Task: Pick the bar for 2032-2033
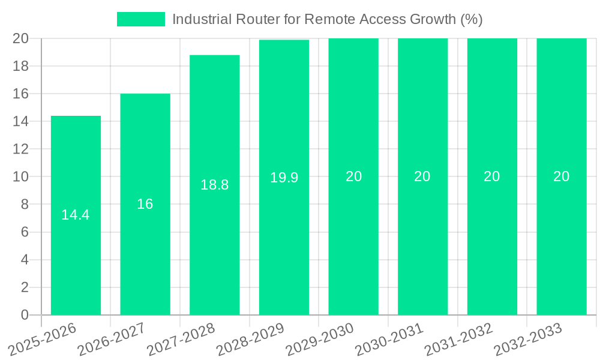(x=562, y=240)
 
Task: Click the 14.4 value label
(x=76, y=215)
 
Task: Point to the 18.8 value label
(x=215, y=185)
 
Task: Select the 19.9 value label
(x=284, y=178)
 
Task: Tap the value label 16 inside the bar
(x=145, y=204)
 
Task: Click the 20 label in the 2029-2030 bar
(x=353, y=176)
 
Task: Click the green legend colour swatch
(x=141, y=19)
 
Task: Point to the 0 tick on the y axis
(x=25, y=315)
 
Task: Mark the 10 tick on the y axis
(x=21, y=176)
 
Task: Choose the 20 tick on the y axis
(x=21, y=38)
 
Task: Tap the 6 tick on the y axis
(x=25, y=232)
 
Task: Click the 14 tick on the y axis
(x=21, y=121)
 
